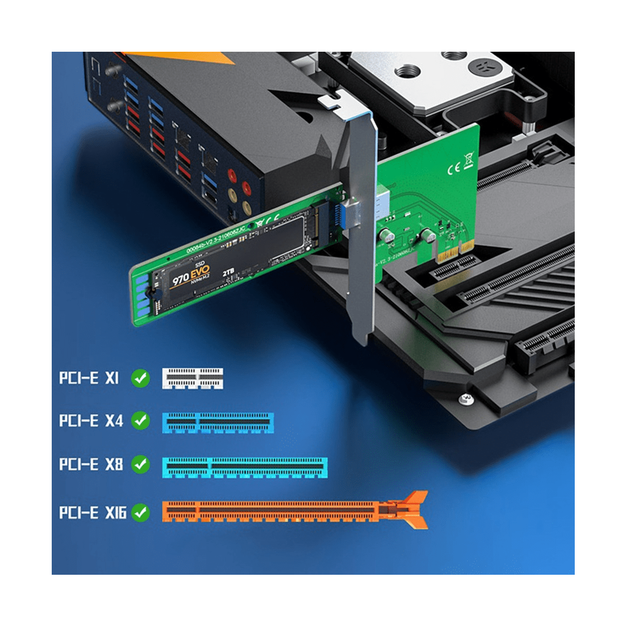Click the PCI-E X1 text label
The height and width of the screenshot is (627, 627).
click(x=89, y=378)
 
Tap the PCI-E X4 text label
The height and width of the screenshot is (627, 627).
click(x=91, y=421)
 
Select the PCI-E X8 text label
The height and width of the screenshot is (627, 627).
click(x=91, y=464)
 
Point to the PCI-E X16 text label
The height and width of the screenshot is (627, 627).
click(x=92, y=513)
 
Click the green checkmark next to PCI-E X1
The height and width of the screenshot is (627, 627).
click(x=140, y=378)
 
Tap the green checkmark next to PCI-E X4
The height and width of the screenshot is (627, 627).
click(x=140, y=421)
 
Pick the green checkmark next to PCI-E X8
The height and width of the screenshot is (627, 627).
click(x=140, y=464)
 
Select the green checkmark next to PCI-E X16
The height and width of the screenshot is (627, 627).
click(x=140, y=513)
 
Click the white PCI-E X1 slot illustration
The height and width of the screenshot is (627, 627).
click(x=192, y=378)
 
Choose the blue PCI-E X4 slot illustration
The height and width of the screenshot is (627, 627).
click(x=218, y=422)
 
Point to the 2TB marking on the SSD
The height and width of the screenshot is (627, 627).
click(x=228, y=273)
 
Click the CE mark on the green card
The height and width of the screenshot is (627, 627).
click(x=454, y=168)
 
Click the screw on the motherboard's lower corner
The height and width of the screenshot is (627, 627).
click(x=466, y=399)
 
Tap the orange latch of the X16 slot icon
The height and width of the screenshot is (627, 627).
click(x=415, y=509)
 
